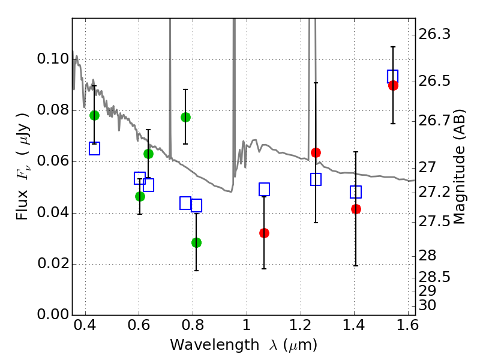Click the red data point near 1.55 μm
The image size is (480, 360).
click(x=393, y=85)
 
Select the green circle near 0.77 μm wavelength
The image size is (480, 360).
click(x=185, y=117)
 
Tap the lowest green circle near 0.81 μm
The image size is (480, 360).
click(x=196, y=242)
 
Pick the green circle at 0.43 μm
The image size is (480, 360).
click(x=94, y=115)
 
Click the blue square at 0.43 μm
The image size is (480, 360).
click(x=94, y=148)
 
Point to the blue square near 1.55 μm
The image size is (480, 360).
click(x=393, y=76)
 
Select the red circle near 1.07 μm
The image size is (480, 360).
click(x=264, y=233)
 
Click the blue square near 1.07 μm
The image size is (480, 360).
click(x=264, y=189)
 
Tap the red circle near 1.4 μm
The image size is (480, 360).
click(x=356, y=209)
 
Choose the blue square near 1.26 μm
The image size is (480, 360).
click(x=316, y=179)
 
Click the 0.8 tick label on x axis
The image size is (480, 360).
click(x=193, y=329)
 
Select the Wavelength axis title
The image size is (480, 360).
click(x=243, y=345)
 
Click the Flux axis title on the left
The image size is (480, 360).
click(x=22, y=158)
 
